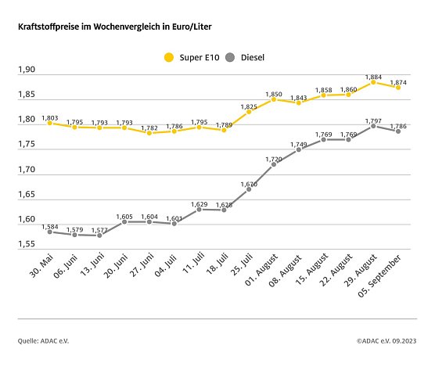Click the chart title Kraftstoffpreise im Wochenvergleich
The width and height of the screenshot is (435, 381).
click(x=115, y=27)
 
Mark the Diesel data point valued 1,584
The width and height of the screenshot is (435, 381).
click(x=49, y=232)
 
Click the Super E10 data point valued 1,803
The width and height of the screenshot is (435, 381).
click(x=49, y=123)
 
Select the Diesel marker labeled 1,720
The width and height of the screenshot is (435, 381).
click(x=274, y=164)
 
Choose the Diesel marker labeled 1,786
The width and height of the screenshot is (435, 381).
click(x=399, y=131)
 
